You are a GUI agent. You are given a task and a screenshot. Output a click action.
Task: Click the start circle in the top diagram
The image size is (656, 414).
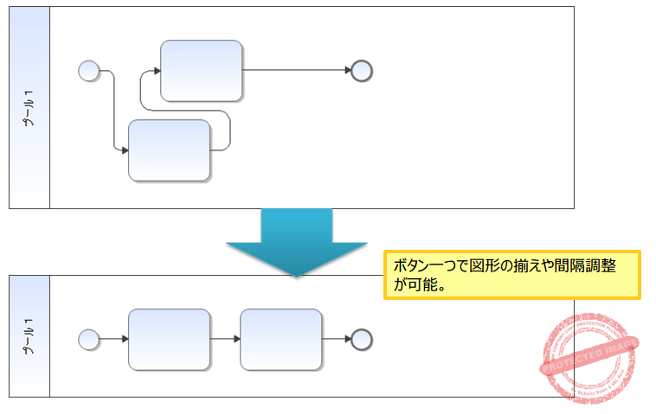tap(88, 71)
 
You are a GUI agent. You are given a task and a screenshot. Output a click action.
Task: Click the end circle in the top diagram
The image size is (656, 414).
tap(362, 71)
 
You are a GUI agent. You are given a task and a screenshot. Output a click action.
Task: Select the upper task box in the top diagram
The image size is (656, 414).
tap(201, 71)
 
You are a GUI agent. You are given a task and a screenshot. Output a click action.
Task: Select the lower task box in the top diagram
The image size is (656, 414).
tap(169, 150)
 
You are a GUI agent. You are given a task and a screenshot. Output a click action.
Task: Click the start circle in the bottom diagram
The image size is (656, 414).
tap(88, 338)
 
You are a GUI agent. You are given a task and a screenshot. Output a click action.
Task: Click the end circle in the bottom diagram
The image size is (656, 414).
tap(362, 338)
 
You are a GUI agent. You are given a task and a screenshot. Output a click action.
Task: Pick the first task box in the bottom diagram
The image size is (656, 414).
tap(169, 338)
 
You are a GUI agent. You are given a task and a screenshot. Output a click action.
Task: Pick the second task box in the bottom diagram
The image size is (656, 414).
tap(280, 338)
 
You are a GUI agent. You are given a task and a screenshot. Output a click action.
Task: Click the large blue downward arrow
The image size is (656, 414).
tap(296, 241)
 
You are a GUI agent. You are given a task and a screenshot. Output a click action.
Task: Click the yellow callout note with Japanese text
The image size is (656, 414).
tap(511, 275)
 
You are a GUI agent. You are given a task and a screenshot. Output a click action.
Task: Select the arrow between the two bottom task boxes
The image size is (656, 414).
tap(225, 338)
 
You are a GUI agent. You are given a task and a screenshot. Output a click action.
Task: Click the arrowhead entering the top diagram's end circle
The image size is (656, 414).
tap(346, 71)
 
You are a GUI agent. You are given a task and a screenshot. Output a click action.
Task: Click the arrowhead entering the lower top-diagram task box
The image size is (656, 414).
tap(124, 150)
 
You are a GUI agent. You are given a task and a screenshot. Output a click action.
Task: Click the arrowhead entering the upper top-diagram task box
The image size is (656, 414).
tap(156, 71)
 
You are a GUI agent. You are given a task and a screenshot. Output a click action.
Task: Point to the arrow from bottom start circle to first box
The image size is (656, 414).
tap(113, 338)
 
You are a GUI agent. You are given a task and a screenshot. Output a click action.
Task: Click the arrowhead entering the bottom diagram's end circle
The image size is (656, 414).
tap(346, 338)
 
